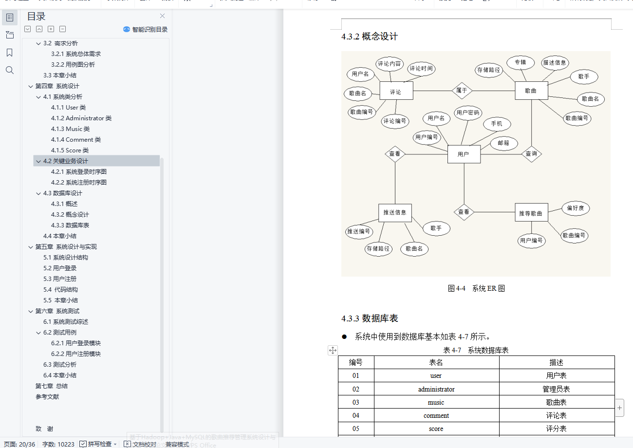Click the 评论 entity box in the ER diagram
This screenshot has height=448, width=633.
396,91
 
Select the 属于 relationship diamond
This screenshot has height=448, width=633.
462,90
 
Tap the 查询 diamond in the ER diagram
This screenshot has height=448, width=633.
531,154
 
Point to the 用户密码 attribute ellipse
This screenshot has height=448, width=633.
467,113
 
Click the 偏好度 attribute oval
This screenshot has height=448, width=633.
576,208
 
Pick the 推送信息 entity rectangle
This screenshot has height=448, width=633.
395,212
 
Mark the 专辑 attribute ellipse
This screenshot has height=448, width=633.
520,62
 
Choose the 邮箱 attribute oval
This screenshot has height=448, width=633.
503,143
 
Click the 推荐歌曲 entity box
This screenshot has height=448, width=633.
531,213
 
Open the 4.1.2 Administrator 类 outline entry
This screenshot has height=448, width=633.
81,118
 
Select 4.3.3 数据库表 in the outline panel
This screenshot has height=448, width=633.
70,225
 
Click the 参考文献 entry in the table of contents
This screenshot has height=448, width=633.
47,397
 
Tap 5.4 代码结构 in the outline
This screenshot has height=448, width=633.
60,290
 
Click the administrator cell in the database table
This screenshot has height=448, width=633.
436,389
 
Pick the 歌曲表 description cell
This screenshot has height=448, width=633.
556,402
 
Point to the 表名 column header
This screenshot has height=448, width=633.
436,362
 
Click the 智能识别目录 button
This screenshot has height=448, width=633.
146,30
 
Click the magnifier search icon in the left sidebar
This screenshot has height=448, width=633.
9,70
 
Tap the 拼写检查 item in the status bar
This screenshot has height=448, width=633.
99,444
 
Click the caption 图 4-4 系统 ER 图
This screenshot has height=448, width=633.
476,288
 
